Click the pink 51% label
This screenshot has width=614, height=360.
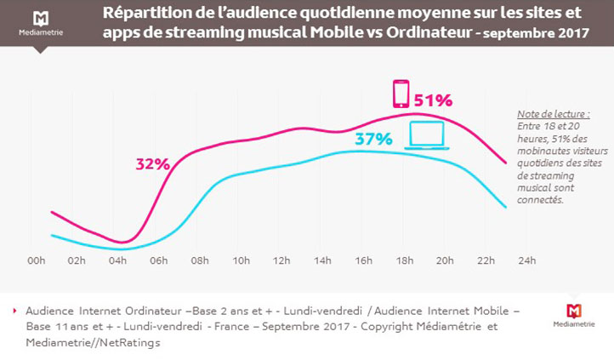[x=433, y=100]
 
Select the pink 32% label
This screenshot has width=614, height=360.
[x=152, y=163]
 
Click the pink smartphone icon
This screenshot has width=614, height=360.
[x=400, y=93]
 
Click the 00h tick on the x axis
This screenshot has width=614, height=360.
[x=37, y=260]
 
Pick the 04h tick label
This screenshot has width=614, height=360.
[x=119, y=260]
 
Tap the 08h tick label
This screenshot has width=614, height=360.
[x=201, y=260]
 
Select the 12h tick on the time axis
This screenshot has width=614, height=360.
[x=282, y=260]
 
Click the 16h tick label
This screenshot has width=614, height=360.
[x=363, y=260]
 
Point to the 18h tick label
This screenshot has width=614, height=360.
[x=404, y=260]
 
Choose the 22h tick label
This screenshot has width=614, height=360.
[x=486, y=260]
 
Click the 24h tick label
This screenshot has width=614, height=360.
[x=527, y=260]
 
